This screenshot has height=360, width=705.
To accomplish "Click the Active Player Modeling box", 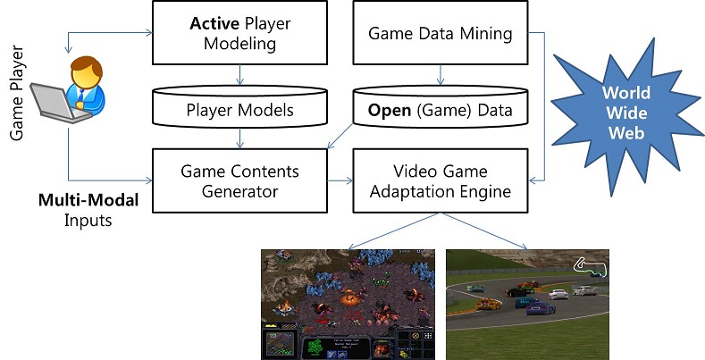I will pos(239,34).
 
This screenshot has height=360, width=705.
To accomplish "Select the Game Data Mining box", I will pos(441,34).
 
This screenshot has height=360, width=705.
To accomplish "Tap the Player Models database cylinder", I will pos(239,111).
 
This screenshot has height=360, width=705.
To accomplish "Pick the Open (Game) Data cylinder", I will pos(441,111).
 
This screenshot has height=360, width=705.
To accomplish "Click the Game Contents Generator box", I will pos(239,180).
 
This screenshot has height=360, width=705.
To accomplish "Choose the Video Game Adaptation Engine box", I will pos(441,180).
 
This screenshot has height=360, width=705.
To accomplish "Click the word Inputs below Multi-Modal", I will pos(87,220).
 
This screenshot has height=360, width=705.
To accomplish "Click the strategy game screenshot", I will pos(348,304).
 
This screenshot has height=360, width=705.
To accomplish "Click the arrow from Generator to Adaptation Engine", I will pos(340,180).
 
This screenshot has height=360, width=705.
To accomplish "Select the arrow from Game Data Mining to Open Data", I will pos(441,75).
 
